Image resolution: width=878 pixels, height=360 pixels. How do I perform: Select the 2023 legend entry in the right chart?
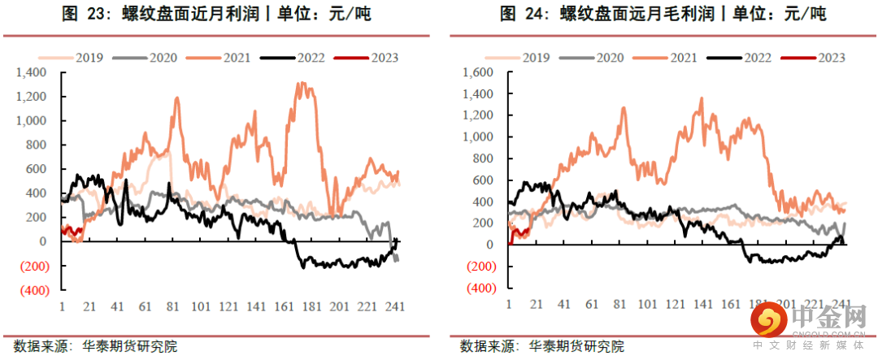[x=814, y=58]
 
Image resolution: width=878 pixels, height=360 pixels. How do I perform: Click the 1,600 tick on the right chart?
[x=478, y=72]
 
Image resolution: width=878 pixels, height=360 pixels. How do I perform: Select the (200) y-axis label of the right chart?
[x=478, y=267]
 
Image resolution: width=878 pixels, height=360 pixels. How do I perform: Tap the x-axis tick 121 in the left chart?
[x=230, y=306]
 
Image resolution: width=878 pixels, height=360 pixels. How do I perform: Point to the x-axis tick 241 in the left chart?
[x=397, y=306]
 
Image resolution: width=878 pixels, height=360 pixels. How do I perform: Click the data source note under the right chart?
[x=541, y=346]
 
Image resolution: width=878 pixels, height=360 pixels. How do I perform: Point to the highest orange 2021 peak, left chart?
[x=302, y=84]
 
